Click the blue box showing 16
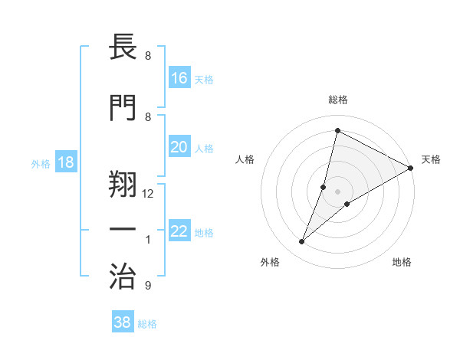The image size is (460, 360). (x=179, y=78)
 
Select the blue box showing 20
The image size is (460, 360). (x=179, y=147)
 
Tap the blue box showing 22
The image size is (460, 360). (x=179, y=232)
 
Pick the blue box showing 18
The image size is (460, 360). (x=66, y=162)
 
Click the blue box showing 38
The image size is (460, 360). (x=123, y=322)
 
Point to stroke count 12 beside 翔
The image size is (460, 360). (x=149, y=194)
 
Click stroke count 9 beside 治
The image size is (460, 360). (x=147, y=286)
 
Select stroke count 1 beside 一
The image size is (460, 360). (x=148, y=240)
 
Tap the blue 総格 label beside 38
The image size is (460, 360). (x=147, y=324)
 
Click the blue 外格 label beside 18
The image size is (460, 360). (x=41, y=163)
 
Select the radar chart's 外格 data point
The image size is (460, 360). (x=301, y=242)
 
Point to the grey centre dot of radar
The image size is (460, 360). (x=337, y=191)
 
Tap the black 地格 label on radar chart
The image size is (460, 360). (x=402, y=262)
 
